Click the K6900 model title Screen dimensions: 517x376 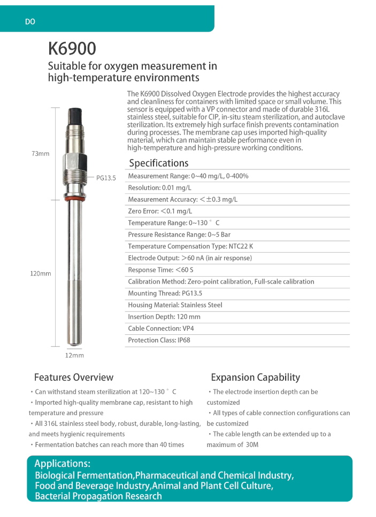point(72,49)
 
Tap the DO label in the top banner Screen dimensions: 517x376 point(30,22)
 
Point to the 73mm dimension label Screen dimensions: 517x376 point(40,154)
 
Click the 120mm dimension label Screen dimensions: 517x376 point(40,273)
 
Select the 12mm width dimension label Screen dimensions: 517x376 point(74,355)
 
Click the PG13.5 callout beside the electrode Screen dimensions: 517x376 point(106,178)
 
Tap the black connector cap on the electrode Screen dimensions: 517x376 point(74,117)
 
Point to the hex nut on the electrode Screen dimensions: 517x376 point(74,160)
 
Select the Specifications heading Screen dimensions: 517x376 point(158,163)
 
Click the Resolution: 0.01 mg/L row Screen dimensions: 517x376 point(159,188)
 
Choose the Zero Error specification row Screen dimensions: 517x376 point(160,211)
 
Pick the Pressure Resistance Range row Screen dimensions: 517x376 point(179,235)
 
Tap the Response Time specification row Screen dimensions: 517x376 point(160,270)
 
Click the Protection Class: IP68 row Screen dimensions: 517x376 point(159,341)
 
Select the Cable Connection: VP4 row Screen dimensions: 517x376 point(161,329)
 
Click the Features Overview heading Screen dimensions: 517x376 point(74,378)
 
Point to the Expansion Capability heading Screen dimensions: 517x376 point(255,378)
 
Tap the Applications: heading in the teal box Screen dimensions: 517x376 point(62,464)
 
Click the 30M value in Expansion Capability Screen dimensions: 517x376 point(252,445)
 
